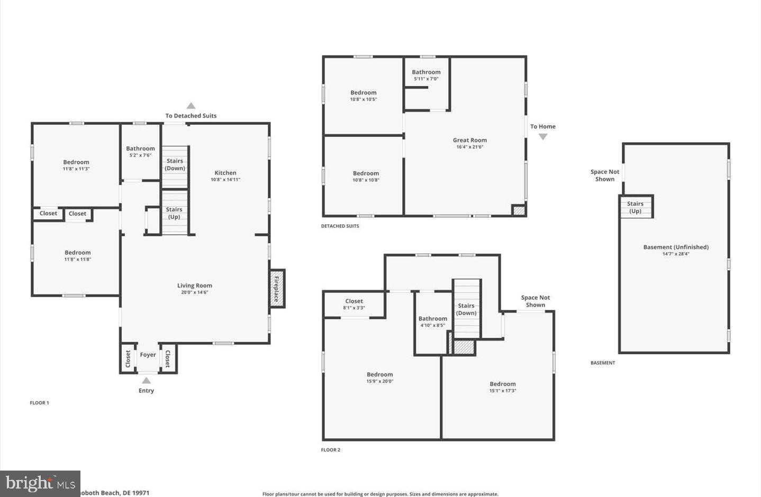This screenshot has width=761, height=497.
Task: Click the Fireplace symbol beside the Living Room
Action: coord(276,289)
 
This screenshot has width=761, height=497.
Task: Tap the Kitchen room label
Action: coord(225,173)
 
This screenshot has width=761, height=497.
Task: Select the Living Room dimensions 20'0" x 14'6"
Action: coord(194,292)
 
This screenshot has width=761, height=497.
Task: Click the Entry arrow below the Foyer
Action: coord(146,381)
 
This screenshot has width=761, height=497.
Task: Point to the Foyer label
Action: coord(148,355)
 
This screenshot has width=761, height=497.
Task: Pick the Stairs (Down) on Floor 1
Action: coord(175,165)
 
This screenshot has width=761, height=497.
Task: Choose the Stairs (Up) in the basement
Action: coord(636,207)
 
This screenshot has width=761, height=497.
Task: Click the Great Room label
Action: coord(469,140)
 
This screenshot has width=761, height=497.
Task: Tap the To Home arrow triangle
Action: coord(543,137)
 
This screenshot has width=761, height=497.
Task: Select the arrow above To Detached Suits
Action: coord(191,106)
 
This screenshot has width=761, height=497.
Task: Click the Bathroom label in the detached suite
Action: coord(426,72)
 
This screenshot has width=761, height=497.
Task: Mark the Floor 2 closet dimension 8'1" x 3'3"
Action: coord(354,308)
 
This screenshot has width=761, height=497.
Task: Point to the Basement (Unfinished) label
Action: coord(676,247)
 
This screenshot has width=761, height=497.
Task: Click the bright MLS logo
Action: coord(40,483)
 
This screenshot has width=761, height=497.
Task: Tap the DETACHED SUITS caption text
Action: coord(340,226)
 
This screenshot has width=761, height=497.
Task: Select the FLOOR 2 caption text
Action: coord(331,450)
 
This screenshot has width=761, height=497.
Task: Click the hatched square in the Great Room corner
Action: coord(519,210)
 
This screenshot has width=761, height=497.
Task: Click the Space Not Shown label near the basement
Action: coord(605,175)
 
